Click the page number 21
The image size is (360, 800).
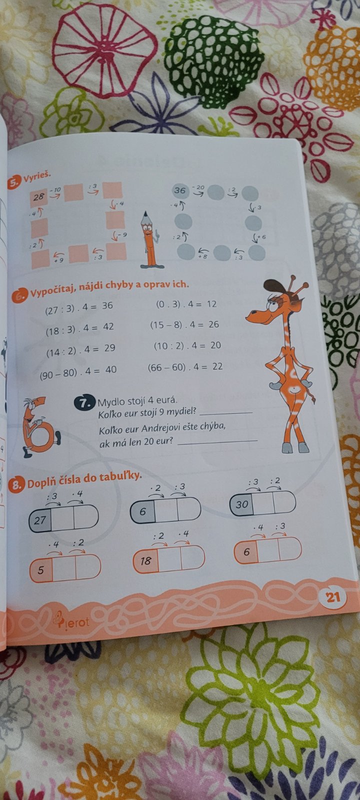tap(333, 597)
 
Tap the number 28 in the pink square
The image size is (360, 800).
tap(38, 197)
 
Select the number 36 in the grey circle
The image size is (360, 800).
tap(179, 190)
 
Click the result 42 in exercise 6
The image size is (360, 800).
tap(108, 326)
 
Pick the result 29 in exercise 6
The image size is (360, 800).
tap(109, 347)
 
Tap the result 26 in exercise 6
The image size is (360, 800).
tap(213, 324)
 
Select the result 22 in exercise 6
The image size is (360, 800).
tap(217, 366)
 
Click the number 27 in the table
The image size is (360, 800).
tap(40, 520)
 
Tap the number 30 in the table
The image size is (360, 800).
tap(242, 504)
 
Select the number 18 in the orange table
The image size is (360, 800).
tap(145, 560)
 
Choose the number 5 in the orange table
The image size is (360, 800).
tap(40, 570)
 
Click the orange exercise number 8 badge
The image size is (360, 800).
tap(16, 485)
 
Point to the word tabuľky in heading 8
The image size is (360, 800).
tap(120, 477)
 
